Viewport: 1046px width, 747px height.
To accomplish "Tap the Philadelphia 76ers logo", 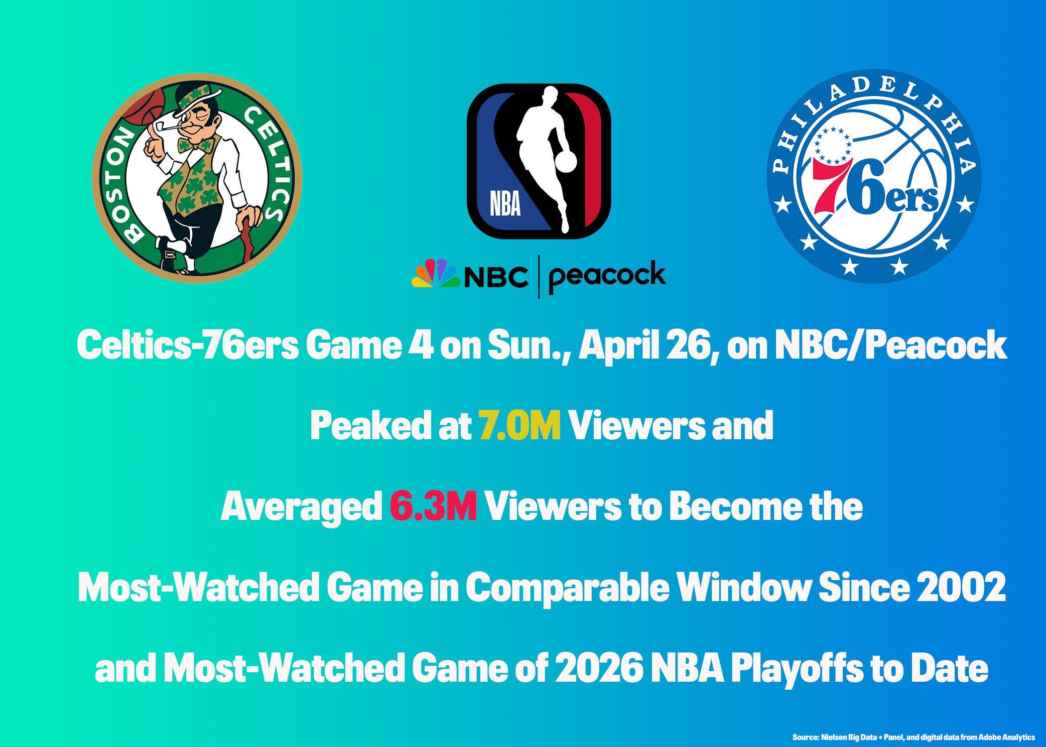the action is (874, 176).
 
